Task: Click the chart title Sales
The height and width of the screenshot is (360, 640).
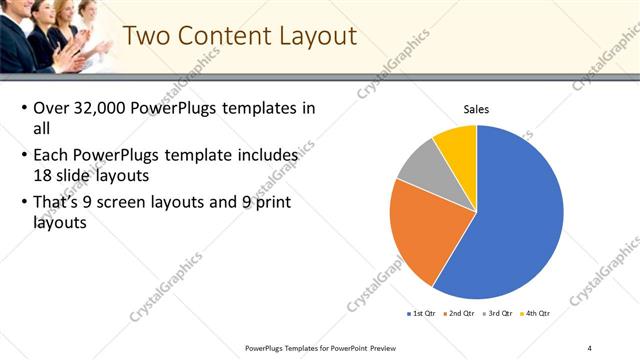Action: (476, 109)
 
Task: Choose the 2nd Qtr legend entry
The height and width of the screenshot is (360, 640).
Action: (459, 313)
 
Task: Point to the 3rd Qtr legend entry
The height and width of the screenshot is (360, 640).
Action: (498, 313)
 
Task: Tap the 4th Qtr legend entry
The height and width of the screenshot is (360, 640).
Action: (537, 313)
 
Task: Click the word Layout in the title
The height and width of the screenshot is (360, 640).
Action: (315, 37)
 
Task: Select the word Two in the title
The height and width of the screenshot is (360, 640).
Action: (146, 37)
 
